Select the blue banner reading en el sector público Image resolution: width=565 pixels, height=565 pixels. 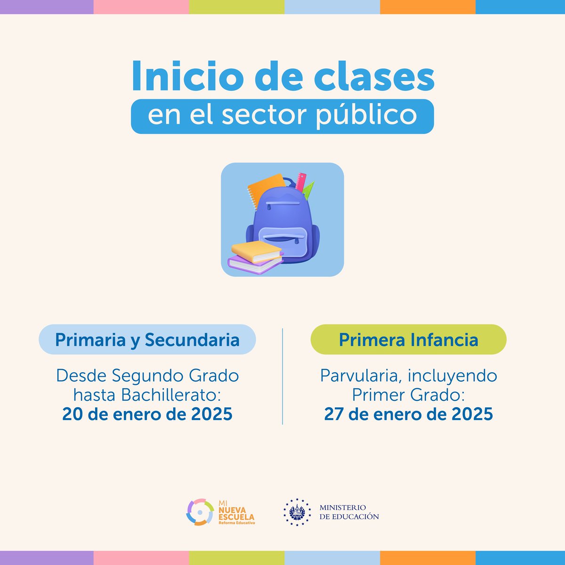[x=282, y=116]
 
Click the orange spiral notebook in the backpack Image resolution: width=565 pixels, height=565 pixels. [x=261, y=188]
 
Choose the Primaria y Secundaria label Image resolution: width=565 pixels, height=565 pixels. [x=147, y=339]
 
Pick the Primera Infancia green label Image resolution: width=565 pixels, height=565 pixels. [x=408, y=339]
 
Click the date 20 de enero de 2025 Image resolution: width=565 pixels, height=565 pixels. [x=147, y=414]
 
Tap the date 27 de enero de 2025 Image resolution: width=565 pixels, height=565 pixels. [x=408, y=414]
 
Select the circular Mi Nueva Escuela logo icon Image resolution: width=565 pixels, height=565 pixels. [x=200, y=512]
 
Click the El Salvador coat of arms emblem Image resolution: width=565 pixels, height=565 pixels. [x=297, y=512]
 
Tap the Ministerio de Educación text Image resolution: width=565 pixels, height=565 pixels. [x=349, y=512]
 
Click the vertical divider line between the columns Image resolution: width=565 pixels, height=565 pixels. [x=282, y=377]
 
